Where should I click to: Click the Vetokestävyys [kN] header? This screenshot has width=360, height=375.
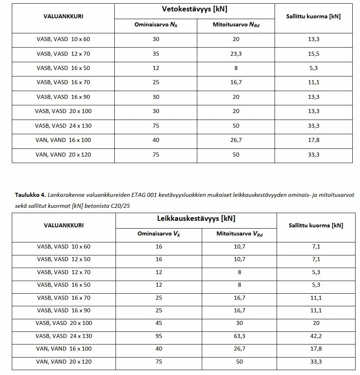(x=194, y=9)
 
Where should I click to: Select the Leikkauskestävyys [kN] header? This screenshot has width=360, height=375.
(x=196, y=218)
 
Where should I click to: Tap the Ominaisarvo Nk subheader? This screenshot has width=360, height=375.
(x=156, y=25)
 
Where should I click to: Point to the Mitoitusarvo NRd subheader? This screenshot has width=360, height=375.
(x=236, y=25)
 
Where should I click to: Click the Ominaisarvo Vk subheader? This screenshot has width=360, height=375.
(x=159, y=234)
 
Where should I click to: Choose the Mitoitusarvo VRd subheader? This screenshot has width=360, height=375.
(x=239, y=234)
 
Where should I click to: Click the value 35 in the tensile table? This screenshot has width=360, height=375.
(x=156, y=54)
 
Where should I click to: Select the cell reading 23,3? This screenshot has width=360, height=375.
(x=236, y=54)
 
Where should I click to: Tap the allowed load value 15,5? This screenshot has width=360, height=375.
(x=314, y=54)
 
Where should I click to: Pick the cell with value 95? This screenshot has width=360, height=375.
(x=159, y=336)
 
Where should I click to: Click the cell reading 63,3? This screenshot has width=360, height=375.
(x=239, y=336)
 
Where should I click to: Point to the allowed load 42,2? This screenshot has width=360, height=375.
(x=316, y=336)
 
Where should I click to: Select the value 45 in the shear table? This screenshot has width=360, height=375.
(x=159, y=323)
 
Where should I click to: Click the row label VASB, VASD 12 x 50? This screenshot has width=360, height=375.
(x=64, y=259)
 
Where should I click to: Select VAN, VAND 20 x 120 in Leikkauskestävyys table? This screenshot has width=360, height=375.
(x=64, y=362)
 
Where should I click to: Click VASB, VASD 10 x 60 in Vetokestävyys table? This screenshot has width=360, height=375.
(x=63, y=39)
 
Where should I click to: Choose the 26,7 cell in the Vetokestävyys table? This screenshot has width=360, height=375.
(x=236, y=140)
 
